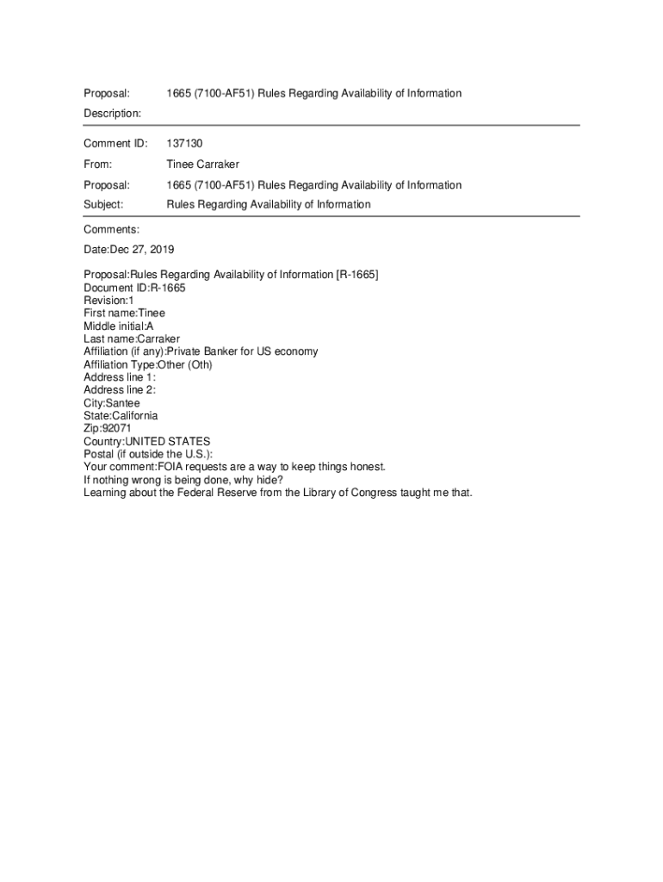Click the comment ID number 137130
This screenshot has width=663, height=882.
pyautogui.click(x=184, y=143)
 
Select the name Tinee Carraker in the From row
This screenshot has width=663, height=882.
pyautogui.click(x=202, y=164)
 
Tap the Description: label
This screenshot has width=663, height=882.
pyautogui.click(x=112, y=113)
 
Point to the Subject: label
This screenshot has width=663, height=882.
pyautogui.click(x=103, y=204)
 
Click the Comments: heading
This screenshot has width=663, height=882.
pyautogui.click(x=111, y=229)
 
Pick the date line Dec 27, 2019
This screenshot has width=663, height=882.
pyautogui.click(x=129, y=250)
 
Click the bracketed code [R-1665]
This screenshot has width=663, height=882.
pyautogui.click(x=356, y=275)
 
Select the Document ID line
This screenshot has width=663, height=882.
pyautogui.click(x=134, y=288)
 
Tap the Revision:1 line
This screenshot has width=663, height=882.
pyautogui.click(x=108, y=301)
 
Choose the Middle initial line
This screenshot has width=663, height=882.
pyautogui.click(x=119, y=326)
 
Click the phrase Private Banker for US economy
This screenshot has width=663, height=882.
pyautogui.click(x=242, y=351)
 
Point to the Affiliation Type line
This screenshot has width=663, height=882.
pyautogui.click(x=147, y=364)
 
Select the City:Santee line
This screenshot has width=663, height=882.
pyautogui.click(x=111, y=403)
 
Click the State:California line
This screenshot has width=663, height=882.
pyautogui.click(x=121, y=416)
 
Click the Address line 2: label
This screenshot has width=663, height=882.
pyautogui.click(x=120, y=390)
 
